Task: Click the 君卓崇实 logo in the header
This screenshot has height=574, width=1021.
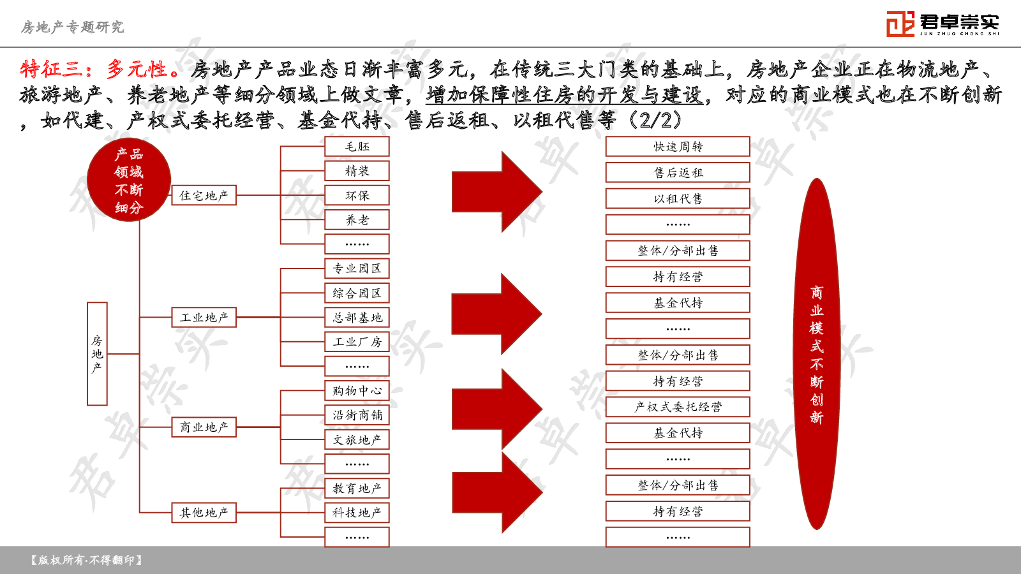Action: pos(943,24)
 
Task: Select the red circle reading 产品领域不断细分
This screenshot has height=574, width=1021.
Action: pos(129,180)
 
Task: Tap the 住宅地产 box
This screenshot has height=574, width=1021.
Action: pos(204,195)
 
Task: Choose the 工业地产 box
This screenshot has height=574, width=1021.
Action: pos(204,317)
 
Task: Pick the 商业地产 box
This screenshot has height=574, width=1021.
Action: pos(204,427)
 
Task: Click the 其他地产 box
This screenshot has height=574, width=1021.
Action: pos(204,513)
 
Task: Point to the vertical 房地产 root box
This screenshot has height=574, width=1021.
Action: pos(97,353)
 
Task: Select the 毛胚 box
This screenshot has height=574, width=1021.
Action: pos(357,146)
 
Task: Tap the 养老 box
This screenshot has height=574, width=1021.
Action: pos(357,220)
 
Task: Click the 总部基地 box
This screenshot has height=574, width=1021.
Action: pos(357,317)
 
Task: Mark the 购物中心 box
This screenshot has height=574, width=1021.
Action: pos(357,390)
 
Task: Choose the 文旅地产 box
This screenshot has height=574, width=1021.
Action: pos(357,439)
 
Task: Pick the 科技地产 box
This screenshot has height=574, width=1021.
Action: pos(357,513)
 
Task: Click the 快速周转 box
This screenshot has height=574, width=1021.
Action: pos(678,146)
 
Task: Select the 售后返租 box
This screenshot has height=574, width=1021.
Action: pos(678,172)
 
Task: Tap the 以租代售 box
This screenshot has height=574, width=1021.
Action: pos(678,198)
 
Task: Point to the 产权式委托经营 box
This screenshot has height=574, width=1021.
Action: pos(678,407)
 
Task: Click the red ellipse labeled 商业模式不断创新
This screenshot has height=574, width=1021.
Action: pos(816,353)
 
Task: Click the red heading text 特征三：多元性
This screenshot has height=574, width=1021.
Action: pos(100,70)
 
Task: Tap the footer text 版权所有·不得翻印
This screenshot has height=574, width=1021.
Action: pos(87,560)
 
